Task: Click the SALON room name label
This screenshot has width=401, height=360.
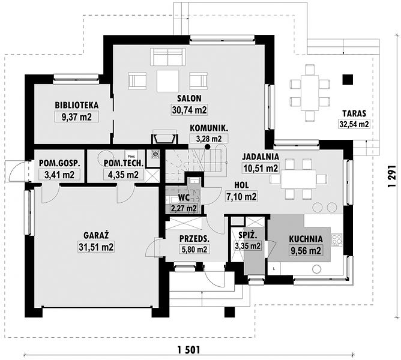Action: point(190,98)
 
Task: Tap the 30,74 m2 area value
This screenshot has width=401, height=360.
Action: point(190,110)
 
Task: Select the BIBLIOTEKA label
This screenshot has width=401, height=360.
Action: point(77,105)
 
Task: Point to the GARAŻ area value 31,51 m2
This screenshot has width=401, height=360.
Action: point(96,247)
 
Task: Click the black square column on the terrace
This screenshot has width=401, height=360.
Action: point(348,80)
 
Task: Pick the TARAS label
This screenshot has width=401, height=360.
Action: point(354,113)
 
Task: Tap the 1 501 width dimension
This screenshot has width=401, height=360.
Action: point(189,349)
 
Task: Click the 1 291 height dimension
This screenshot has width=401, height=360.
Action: point(391,176)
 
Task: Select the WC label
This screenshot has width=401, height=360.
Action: point(184,197)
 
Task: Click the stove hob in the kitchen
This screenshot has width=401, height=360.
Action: point(337,240)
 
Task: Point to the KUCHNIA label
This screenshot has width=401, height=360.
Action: point(306,239)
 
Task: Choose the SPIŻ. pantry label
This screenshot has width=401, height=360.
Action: point(247,235)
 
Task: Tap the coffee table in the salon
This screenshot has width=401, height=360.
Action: point(167,81)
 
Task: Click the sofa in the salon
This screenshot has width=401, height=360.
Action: point(168,57)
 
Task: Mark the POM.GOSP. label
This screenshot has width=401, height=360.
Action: point(59,163)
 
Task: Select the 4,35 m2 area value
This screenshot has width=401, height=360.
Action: point(124,175)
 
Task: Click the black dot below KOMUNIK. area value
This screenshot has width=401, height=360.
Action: point(208,147)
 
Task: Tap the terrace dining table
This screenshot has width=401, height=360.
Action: point(310,92)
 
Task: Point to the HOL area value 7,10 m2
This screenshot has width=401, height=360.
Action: point(241,197)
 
